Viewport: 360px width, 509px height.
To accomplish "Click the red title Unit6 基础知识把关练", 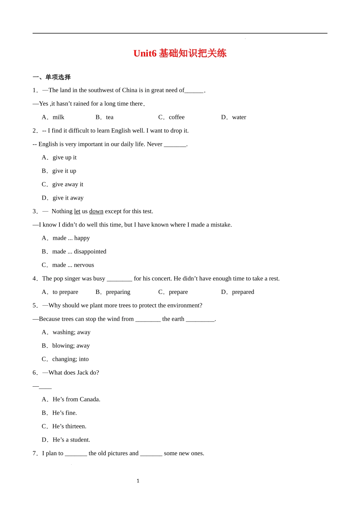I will tap(180, 53).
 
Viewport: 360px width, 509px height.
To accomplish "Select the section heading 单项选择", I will tap(58, 77).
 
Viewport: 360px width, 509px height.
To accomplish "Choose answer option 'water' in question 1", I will tap(239, 117).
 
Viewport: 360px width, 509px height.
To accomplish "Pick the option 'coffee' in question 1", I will tap(177, 117).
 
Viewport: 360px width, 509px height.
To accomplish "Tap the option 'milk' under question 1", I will tap(58, 117).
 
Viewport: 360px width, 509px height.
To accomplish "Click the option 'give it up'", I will tap(64, 171).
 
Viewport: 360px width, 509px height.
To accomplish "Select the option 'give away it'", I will tap(67, 184).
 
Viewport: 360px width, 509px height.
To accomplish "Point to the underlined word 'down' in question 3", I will tap(96, 211).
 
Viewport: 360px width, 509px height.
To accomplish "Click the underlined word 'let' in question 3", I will tap(77, 211).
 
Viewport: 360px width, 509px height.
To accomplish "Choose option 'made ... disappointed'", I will tap(79, 251).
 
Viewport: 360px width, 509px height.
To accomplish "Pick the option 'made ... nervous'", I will tap(73, 265).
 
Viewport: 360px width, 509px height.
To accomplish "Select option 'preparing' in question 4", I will tap(118, 292).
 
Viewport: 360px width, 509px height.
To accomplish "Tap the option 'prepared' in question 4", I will tap(243, 292).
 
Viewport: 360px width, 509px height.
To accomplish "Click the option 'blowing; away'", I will tap(71, 346).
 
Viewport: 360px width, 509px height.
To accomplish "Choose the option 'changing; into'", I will tap(70, 359).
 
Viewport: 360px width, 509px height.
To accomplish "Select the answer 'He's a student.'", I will tap(71, 440).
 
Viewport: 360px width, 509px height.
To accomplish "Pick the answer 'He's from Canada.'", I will tap(76, 400).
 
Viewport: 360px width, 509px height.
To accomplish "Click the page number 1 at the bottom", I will tap(138, 481).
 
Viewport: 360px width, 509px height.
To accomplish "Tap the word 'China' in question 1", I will tap(130, 90).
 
